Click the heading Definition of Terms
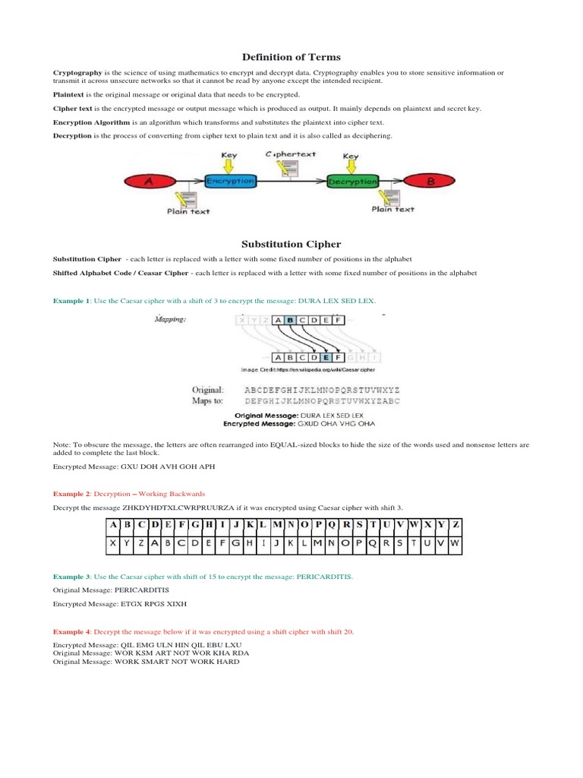[291, 57]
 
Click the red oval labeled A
[149, 181]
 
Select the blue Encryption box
[230, 182]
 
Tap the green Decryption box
[352, 182]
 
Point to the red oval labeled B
[430, 182]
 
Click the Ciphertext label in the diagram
[291, 154]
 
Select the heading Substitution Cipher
[291, 244]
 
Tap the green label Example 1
[72, 301]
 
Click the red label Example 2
[72, 493]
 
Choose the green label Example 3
[72, 577]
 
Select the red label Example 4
[72, 631]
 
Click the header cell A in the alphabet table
[112, 525]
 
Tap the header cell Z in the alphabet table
[454, 525]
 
